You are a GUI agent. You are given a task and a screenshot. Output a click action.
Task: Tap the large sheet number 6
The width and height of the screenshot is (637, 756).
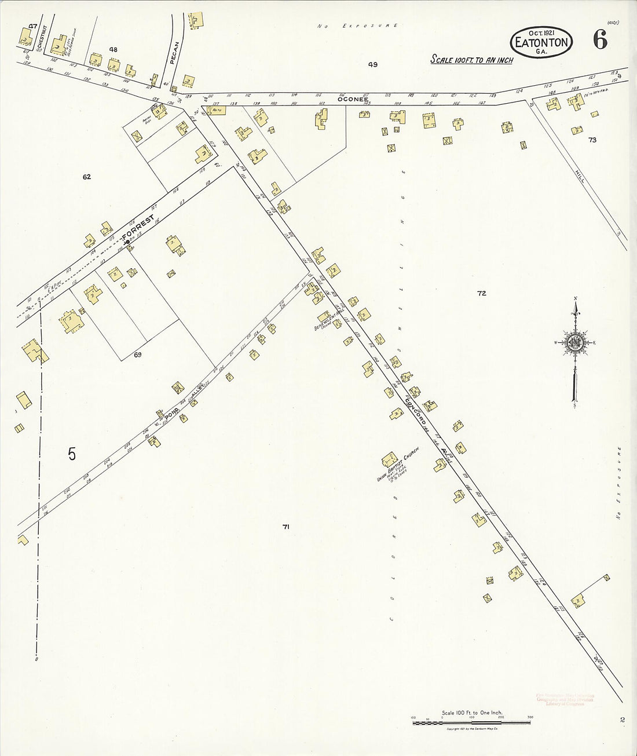click(599, 41)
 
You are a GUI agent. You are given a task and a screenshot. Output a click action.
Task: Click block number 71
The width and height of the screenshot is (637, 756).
click(285, 527)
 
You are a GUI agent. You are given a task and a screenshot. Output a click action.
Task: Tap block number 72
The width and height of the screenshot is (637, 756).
click(481, 293)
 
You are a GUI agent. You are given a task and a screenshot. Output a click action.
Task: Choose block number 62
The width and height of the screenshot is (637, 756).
click(86, 177)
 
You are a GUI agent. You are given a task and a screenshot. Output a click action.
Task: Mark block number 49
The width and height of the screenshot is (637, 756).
click(372, 64)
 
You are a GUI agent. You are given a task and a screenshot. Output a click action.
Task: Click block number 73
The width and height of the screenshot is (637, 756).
click(592, 140)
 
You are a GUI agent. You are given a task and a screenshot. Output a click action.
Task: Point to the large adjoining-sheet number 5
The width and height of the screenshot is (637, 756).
click(71, 454)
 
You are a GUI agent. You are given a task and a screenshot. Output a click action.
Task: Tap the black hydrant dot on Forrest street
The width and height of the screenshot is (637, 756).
click(128, 242)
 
